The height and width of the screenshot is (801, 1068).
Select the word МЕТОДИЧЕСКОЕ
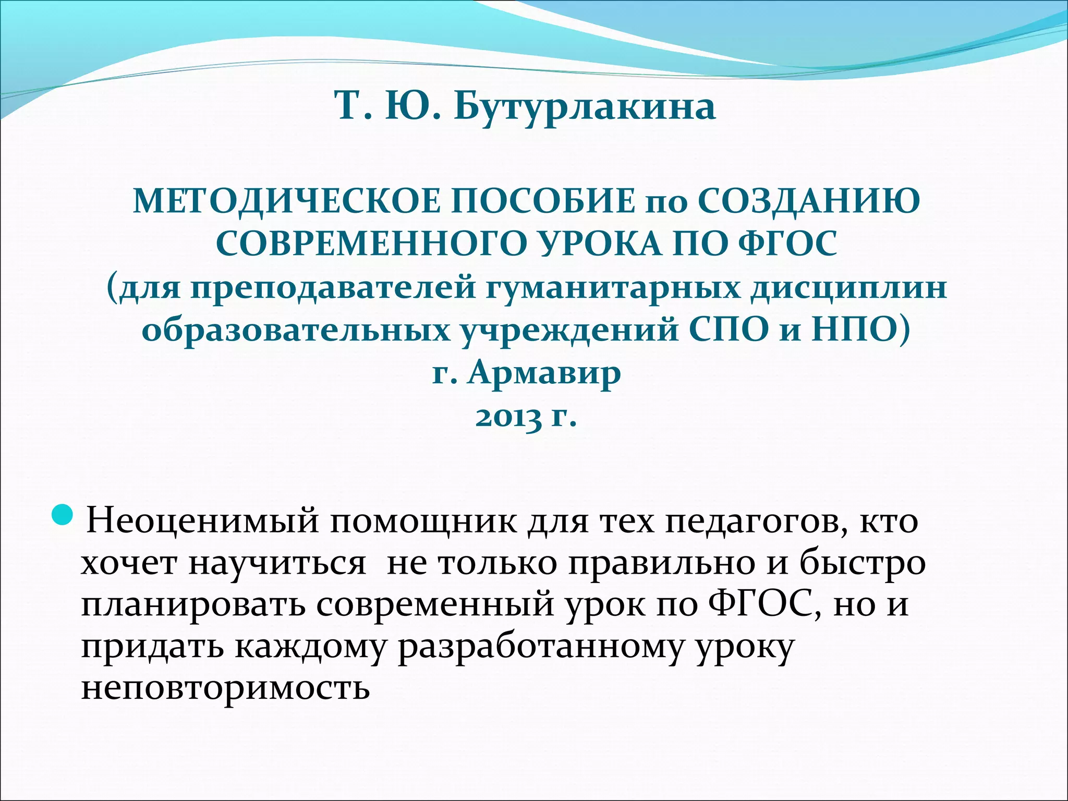click(x=286, y=202)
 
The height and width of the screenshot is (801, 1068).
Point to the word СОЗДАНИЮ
click(x=809, y=202)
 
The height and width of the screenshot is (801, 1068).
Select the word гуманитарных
click(x=612, y=287)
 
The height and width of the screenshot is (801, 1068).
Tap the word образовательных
click(x=295, y=330)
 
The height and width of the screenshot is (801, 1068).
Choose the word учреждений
click(x=569, y=330)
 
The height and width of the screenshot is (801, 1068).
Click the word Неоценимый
click(x=202, y=521)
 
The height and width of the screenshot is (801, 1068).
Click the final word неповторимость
click(x=225, y=688)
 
